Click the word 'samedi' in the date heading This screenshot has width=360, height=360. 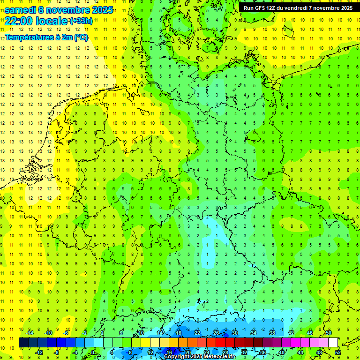pos(20,10)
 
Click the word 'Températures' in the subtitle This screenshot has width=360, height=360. pos(30,37)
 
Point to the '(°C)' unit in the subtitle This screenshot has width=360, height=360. pos(81,37)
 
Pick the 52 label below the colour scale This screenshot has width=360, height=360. pos(337,352)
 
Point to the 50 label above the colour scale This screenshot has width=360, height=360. pos(329,333)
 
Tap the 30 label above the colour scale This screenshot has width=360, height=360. pos(235,333)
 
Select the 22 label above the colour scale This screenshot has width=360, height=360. pos(197,333)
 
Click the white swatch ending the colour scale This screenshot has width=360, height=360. pos(333,343)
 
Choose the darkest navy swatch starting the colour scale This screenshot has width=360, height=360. pos(23,343)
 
